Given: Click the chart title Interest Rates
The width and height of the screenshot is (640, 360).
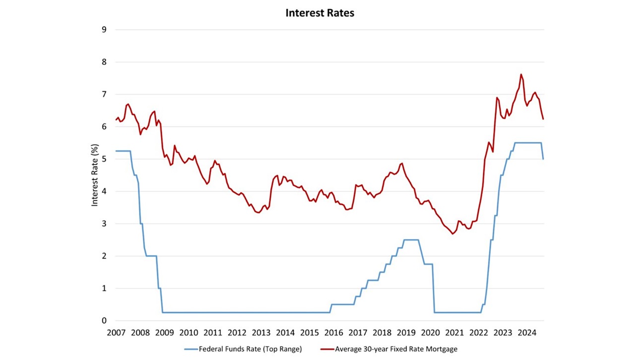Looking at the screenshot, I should (320, 13).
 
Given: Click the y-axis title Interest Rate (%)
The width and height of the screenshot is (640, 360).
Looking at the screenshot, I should (95, 175).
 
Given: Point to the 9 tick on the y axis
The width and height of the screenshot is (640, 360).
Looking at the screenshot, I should (104, 30).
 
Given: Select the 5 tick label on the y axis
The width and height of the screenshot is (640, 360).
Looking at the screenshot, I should (104, 159).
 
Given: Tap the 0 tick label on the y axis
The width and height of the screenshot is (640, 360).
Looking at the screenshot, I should (104, 321).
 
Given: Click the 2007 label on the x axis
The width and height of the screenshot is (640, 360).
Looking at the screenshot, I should (116, 333).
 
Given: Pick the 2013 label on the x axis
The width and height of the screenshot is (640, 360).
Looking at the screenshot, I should (261, 333).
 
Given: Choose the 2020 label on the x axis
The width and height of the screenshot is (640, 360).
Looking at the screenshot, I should (431, 333).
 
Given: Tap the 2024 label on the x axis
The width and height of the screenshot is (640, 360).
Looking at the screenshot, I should (527, 333).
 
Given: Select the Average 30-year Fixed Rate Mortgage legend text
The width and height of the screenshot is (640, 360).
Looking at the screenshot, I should (396, 349).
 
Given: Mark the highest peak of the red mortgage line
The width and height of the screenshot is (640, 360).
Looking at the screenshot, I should (521, 74).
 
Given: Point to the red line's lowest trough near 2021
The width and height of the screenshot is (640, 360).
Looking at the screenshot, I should (452, 234).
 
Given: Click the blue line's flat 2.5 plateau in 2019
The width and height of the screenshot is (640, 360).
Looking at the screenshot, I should (411, 240).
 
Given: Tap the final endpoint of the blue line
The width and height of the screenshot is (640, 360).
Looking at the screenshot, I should (543, 159).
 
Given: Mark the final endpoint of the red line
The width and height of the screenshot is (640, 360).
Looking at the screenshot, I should (543, 119).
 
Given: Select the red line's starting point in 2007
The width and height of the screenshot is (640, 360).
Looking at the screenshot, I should (116, 120).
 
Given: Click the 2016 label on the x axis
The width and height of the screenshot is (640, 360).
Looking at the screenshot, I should (334, 333).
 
